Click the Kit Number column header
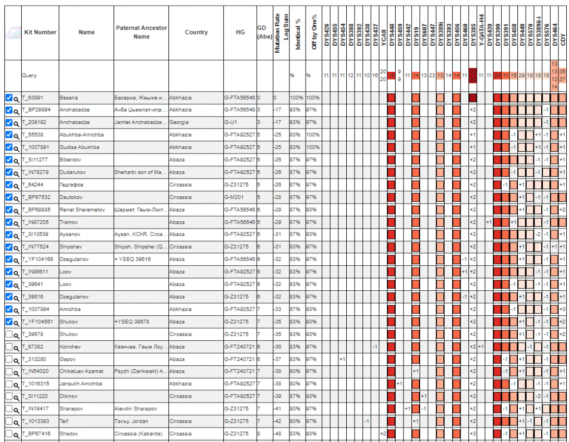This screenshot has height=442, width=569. click(x=40, y=32)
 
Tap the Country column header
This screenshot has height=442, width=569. click(x=196, y=32)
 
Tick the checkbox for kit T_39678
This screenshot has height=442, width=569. click(x=8, y=334)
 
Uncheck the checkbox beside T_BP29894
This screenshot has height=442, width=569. click(x=8, y=110)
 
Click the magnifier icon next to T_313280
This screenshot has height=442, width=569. click(x=17, y=359)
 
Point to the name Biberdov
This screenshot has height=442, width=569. click(x=70, y=160)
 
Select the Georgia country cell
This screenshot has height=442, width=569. click(x=178, y=122)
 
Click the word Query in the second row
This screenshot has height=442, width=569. click(x=29, y=75)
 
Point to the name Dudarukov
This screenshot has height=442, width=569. click(x=72, y=172)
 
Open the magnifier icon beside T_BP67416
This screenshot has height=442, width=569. click(x=17, y=434)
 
